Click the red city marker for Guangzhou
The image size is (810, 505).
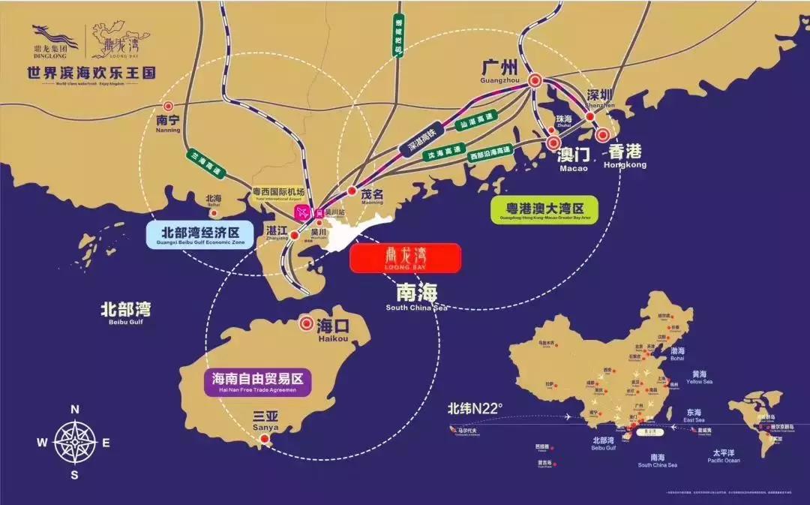[x=535, y=80]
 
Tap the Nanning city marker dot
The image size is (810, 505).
[x=168, y=107]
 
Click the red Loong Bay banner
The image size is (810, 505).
[x=405, y=257]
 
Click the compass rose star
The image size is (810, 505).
[x=75, y=441]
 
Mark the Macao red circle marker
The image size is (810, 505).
[x=553, y=142]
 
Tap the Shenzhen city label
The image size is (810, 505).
[x=600, y=96]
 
